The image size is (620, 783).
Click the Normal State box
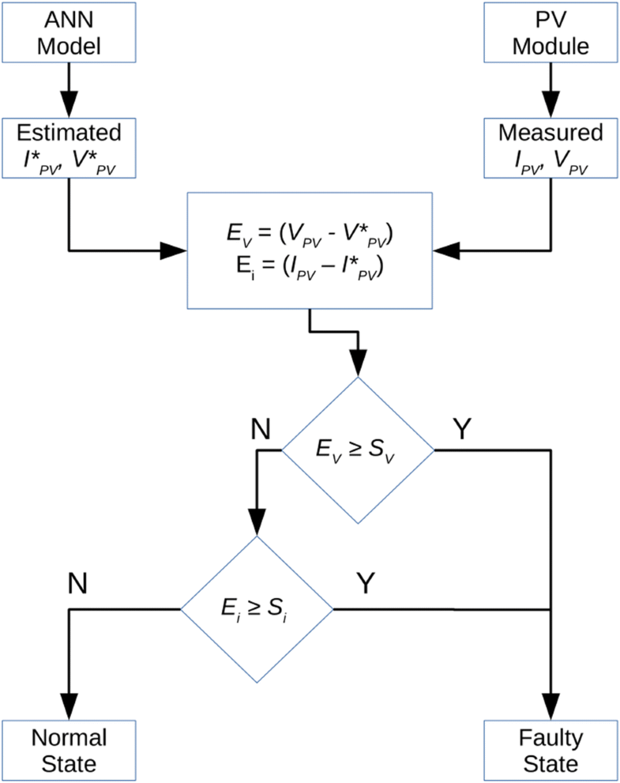[70, 750]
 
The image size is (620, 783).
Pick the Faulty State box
[550, 750]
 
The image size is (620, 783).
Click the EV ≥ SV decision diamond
[359, 450]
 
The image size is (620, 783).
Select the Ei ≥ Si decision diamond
[257, 610]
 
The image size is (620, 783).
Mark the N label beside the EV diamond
[260, 429]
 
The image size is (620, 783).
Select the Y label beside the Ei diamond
[366, 583]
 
